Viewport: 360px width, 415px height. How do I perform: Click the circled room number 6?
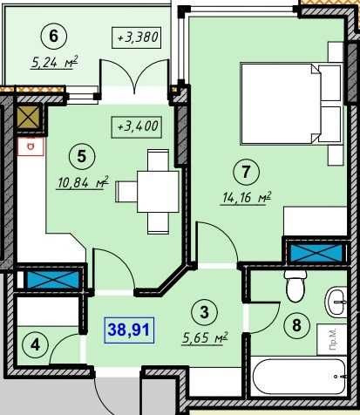[54, 37]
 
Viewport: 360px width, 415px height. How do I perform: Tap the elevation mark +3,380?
[137, 37]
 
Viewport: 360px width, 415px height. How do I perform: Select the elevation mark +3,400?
[137, 126]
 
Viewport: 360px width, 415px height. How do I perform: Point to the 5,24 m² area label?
[55, 63]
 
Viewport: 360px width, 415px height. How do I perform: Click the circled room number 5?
[82, 157]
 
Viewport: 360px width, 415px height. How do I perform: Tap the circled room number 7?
[246, 172]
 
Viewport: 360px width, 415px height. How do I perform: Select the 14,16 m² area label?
[247, 198]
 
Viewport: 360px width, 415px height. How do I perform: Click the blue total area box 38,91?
[129, 330]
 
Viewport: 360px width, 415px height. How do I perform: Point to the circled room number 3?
[205, 312]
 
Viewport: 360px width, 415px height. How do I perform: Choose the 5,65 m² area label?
[205, 338]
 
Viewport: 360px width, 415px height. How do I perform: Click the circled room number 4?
[36, 345]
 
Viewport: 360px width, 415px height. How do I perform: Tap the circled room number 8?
[296, 325]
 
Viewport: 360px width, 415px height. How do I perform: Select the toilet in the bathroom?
[295, 286]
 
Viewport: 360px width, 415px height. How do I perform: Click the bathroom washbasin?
[336, 302]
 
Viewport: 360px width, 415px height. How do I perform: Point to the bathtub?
[300, 377]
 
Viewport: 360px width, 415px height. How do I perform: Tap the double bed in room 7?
[291, 104]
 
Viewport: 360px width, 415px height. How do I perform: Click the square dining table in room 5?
[158, 192]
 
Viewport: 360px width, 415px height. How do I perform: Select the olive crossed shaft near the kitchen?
[28, 117]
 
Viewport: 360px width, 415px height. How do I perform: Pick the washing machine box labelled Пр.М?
[332, 340]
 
